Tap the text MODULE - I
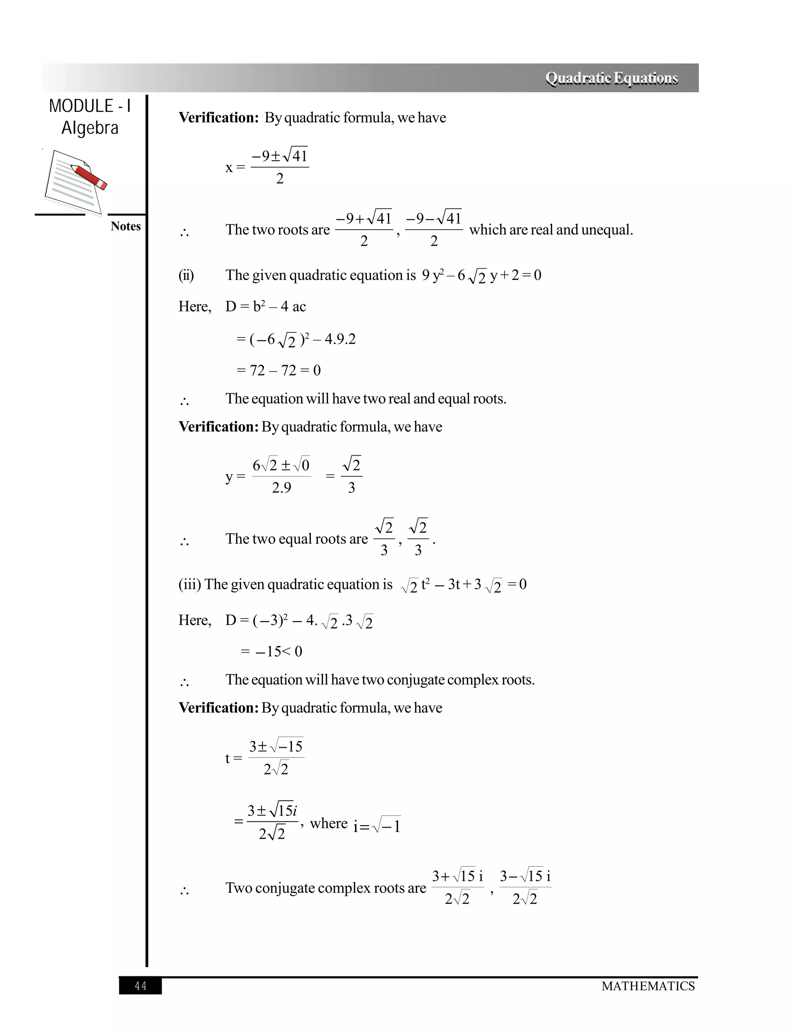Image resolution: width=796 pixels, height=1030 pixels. [x=90, y=106]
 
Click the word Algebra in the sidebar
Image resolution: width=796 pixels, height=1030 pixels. [x=90, y=128]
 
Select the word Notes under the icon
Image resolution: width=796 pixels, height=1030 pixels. [x=126, y=226]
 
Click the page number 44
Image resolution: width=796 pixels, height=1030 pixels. [x=141, y=986]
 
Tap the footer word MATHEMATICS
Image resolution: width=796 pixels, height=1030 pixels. [x=648, y=986]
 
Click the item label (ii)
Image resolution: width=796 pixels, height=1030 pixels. [x=186, y=275]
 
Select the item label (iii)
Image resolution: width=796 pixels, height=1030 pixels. [x=189, y=584]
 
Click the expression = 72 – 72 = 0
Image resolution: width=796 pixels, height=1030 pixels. [x=278, y=370]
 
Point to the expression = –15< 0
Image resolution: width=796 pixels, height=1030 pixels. [x=271, y=651]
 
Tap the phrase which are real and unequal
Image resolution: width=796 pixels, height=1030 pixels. [x=551, y=230]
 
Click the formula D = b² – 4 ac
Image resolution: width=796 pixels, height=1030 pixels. [x=265, y=307]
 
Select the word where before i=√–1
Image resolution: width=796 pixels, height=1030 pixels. [x=329, y=823]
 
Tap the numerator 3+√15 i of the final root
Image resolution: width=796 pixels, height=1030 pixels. [x=457, y=876]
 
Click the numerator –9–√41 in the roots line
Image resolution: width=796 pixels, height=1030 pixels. [x=433, y=218]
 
